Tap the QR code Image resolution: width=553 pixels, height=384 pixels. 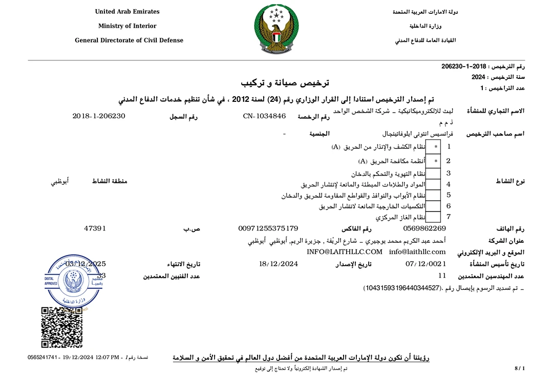click(x=55, y=327)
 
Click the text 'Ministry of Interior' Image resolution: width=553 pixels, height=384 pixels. click(x=127, y=26)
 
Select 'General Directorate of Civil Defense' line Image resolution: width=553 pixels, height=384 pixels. click(x=129, y=40)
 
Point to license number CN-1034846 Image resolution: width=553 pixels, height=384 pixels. click(x=264, y=116)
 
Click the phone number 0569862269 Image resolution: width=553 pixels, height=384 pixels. click(x=424, y=228)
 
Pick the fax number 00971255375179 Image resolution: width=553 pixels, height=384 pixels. click(x=268, y=228)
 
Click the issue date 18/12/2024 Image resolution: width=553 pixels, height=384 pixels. click(x=279, y=264)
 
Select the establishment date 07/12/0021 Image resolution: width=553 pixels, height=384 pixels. click(x=426, y=264)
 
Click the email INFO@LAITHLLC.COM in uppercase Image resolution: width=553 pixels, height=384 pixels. click(x=345, y=252)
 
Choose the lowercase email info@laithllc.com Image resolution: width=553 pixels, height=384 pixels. click(x=417, y=252)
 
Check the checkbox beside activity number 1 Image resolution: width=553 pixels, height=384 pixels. click(x=436, y=147)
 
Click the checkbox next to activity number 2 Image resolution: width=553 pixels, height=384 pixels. click(x=436, y=161)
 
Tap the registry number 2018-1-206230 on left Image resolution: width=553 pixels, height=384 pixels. click(x=99, y=116)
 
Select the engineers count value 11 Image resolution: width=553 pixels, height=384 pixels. click(x=442, y=276)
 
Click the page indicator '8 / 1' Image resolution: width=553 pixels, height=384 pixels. click(x=519, y=369)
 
